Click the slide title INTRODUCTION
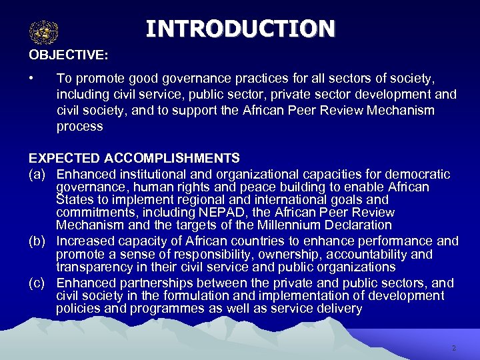point(240,29)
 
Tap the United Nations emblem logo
point(44,31)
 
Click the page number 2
point(453,348)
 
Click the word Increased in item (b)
point(86,241)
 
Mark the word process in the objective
point(79,126)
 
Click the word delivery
point(339,309)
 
